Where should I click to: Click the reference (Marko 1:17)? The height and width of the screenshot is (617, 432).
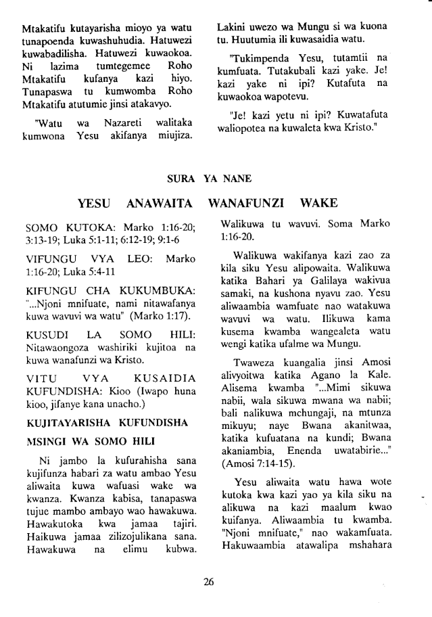[x=162, y=317]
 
